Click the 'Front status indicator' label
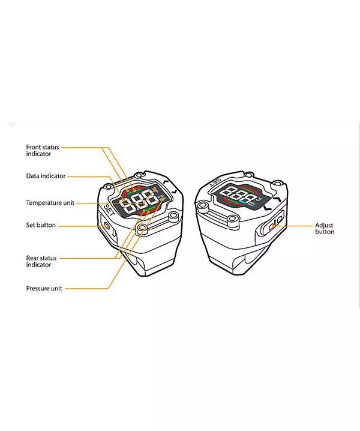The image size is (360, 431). coord(43,150)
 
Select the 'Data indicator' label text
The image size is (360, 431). coord(46,176)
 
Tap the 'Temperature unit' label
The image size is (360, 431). coord(50,203)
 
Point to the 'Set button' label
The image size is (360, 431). coord(41,225)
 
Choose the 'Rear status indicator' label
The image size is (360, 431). coord(41,261)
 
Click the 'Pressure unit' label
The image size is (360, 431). coord(44,288)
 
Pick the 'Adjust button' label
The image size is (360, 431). coord(325,229)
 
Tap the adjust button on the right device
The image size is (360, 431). coord(273,226)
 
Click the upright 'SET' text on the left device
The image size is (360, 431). coord(109,210)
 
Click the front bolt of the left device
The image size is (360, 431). coord(142,228)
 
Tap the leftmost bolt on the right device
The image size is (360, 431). coord(203,205)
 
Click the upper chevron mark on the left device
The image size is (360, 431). coord(166,182)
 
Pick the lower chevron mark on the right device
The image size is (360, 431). coord(268,208)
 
